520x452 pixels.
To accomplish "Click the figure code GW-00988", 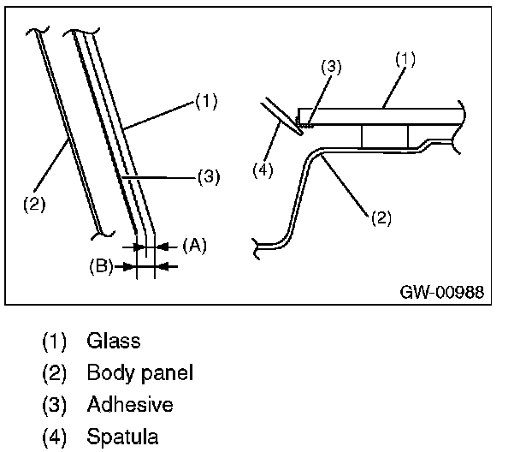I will [x=441, y=292].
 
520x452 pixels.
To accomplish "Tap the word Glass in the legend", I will [x=113, y=341].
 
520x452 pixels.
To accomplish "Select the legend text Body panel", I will [x=140, y=373].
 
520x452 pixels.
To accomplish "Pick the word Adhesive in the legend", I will [x=130, y=405].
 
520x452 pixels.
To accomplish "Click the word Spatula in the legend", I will [x=122, y=437].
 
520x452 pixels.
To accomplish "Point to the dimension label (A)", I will [x=194, y=245].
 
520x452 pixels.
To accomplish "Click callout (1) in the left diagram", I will [x=205, y=102].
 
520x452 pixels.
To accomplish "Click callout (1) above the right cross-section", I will [x=404, y=59].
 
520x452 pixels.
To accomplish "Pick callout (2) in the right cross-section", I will [x=381, y=217].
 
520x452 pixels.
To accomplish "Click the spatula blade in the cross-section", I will [x=280, y=116].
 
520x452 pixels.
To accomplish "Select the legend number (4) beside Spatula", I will [x=56, y=437].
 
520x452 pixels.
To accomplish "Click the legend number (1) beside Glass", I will [x=56, y=341].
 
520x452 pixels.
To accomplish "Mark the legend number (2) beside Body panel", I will [x=56, y=373].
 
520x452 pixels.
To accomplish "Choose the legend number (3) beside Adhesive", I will [x=56, y=405].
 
